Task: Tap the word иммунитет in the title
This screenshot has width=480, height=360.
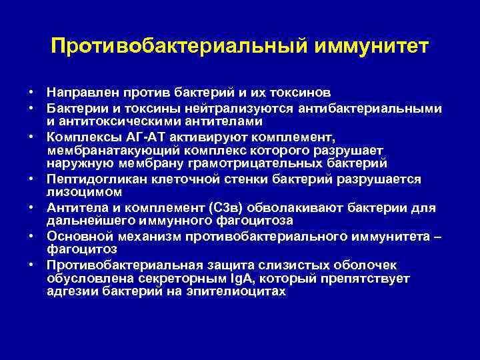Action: tap(363, 47)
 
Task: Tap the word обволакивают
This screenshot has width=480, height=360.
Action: tap(301, 207)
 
